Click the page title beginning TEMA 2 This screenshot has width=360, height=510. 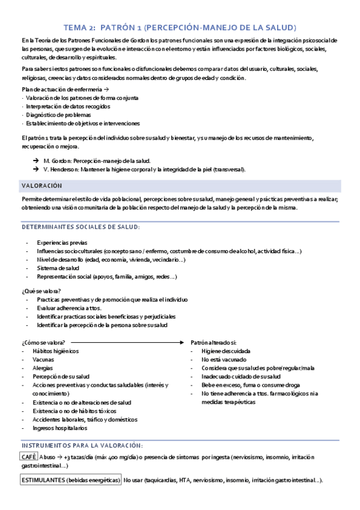pos(180,27)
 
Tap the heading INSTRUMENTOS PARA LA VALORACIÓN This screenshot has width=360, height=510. pos(82,446)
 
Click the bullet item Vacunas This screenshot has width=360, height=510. pos(43,359)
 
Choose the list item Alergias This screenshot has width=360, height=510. pos(43,367)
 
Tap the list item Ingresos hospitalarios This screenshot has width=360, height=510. pos(60,428)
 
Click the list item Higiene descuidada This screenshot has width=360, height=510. pos(226,351)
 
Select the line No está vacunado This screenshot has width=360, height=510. pos(224,359)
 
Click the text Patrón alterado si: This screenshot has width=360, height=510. pos(213,342)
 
